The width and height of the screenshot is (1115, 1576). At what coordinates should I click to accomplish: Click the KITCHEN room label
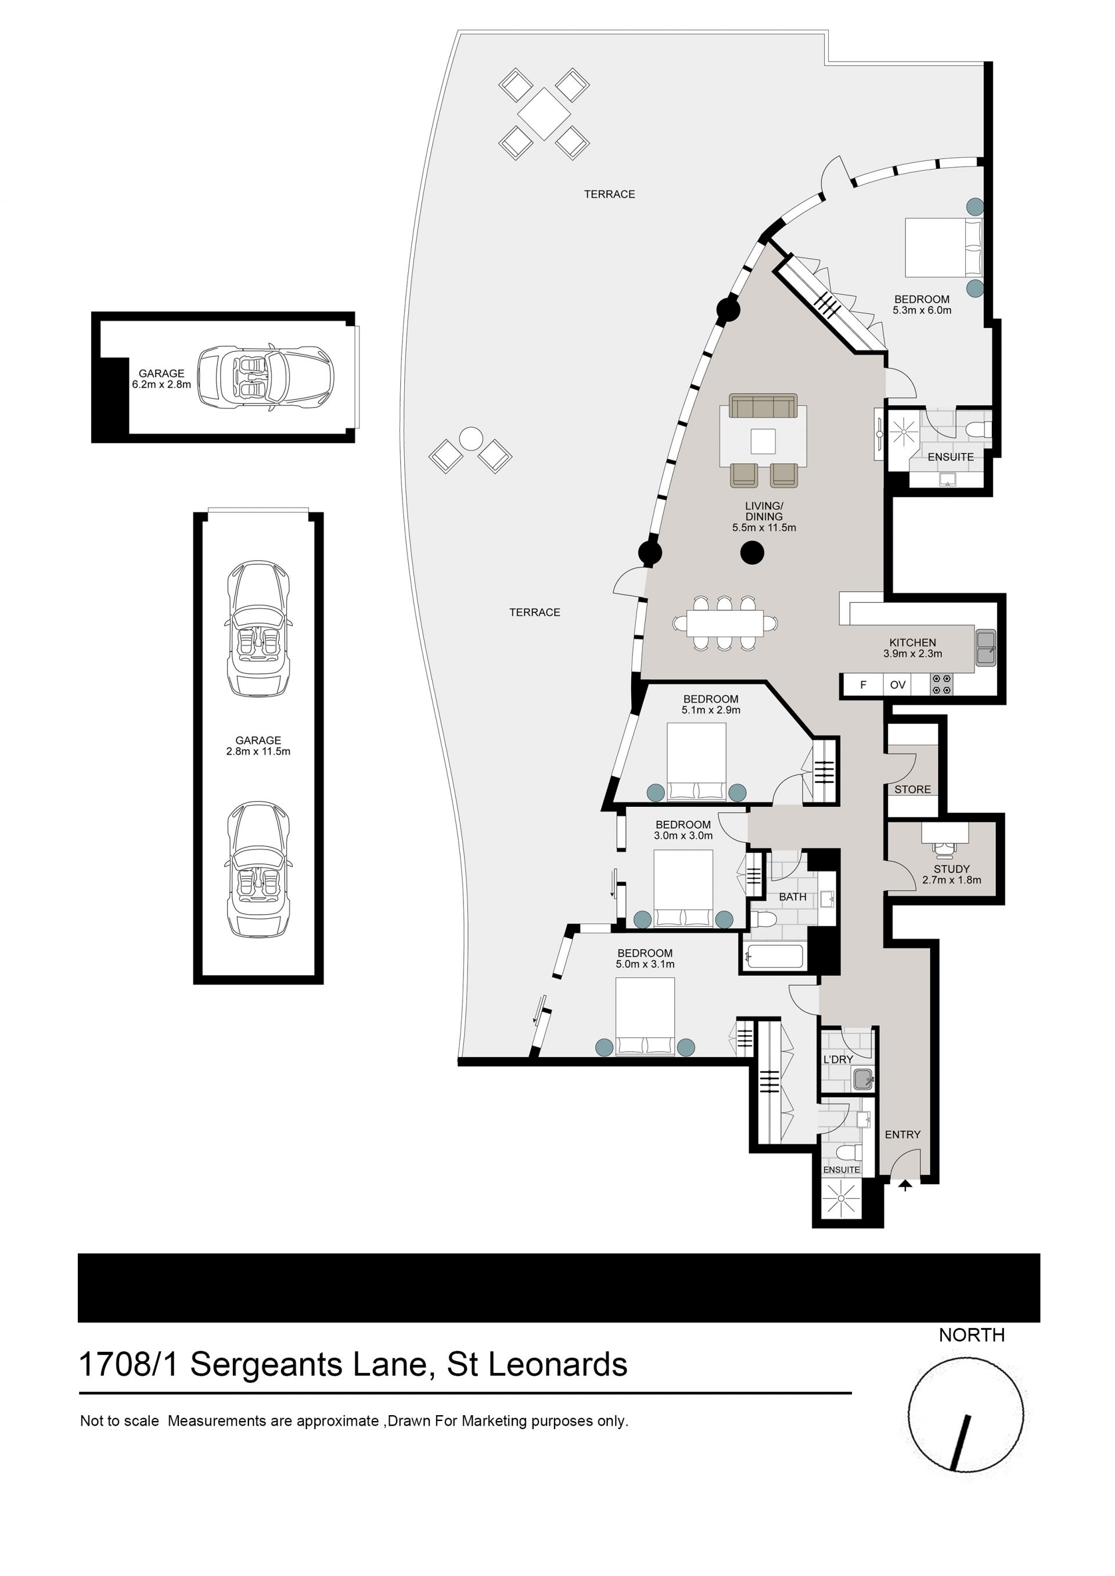(x=912, y=643)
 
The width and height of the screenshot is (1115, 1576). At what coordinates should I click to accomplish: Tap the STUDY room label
(x=952, y=869)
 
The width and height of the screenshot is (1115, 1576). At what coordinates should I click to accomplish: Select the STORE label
(x=912, y=789)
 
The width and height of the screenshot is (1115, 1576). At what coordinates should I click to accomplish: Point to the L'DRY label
(x=839, y=1060)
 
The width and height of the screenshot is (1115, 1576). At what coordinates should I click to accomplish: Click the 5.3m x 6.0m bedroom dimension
(x=922, y=310)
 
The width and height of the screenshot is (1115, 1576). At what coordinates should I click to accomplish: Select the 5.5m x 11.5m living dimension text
(x=764, y=528)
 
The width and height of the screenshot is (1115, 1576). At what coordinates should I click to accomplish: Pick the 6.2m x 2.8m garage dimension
(x=161, y=384)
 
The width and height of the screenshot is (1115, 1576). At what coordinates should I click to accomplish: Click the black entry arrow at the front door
(x=905, y=1185)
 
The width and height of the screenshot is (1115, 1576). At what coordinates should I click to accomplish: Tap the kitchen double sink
(x=986, y=647)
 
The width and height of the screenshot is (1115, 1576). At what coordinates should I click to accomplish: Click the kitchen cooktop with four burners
(x=941, y=684)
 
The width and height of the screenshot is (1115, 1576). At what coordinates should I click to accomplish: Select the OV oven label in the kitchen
(x=898, y=684)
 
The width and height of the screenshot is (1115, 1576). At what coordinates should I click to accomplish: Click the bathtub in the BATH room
(x=775, y=957)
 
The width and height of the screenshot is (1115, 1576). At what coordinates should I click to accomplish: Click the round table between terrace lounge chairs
(x=471, y=439)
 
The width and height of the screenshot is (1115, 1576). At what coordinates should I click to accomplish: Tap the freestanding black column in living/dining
(x=753, y=553)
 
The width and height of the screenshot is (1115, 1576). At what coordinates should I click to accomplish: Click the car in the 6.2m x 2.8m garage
(x=266, y=377)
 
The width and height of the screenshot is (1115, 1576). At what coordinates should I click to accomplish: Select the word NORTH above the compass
(x=972, y=1335)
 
